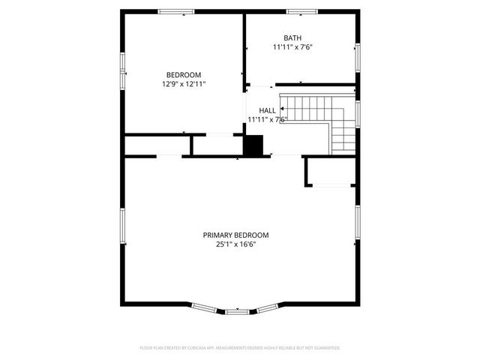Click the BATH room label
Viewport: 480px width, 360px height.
[x=292, y=37]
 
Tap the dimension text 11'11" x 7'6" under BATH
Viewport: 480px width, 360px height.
[x=292, y=47]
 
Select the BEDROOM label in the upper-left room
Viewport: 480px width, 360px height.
[x=184, y=74]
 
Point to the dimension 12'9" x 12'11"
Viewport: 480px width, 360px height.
[x=184, y=84]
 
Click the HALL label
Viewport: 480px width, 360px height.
[x=268, y=110]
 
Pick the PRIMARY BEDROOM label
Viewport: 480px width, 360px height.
[x=235, y=235]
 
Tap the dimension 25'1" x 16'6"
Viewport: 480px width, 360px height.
[x=235, y=244]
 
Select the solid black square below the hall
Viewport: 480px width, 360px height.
[x=255, y=145]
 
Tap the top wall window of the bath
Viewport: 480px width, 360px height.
[x=300, y=11]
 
